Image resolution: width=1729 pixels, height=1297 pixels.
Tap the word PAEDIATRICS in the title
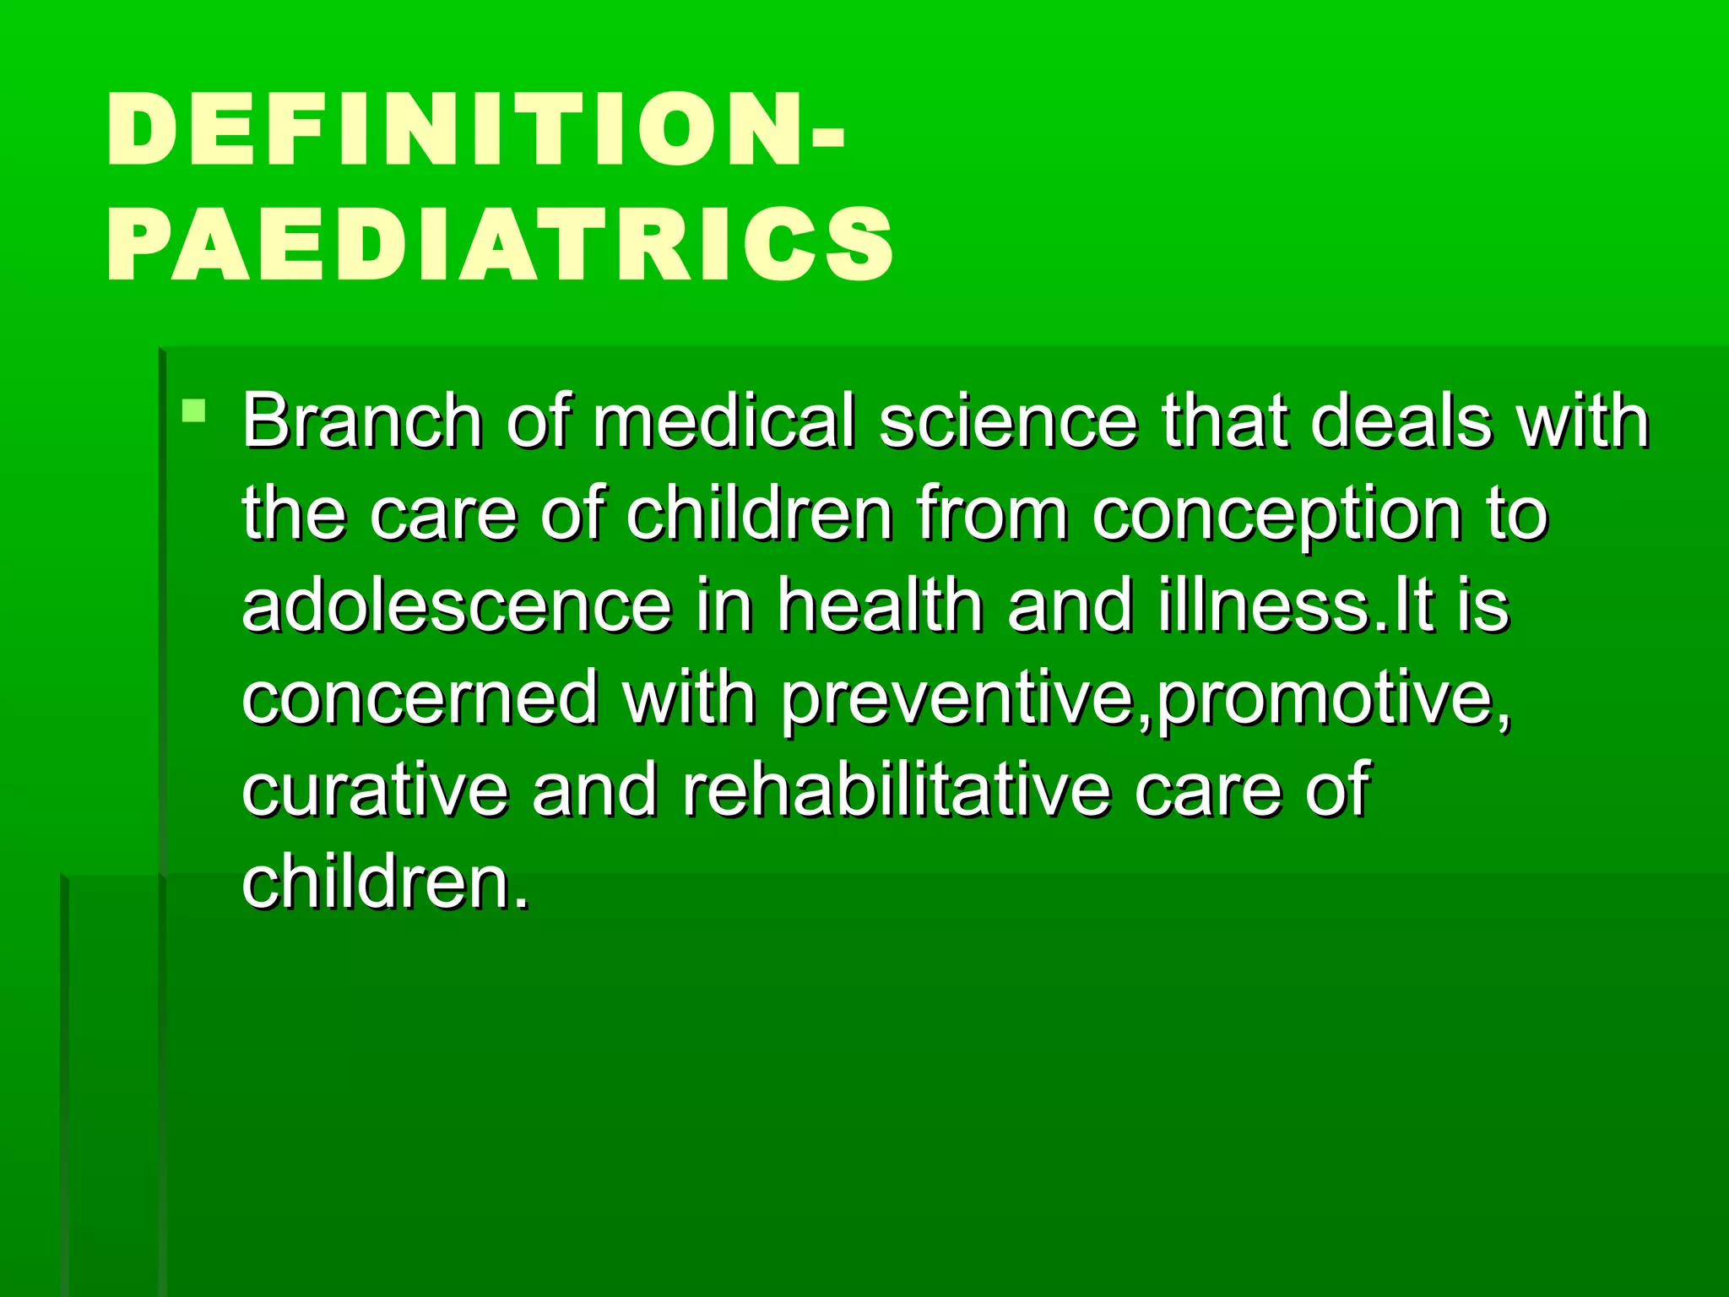click(500, 244)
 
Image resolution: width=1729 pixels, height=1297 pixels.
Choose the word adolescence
click(457, 605)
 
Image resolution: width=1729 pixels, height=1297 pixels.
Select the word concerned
click(419, 698)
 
